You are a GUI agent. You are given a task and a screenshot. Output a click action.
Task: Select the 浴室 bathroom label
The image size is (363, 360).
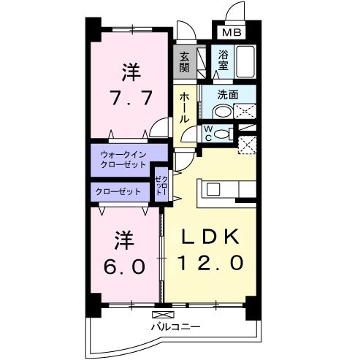(x=223, y=59)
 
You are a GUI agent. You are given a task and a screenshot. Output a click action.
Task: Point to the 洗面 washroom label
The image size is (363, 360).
(x=229, y=94)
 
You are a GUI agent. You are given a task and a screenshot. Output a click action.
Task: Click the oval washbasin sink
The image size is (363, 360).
(x=220, y=110)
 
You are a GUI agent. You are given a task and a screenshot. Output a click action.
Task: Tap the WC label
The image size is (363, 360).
(x=207, y=132)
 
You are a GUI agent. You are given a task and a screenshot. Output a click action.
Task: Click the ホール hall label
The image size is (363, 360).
(x=184, y=107)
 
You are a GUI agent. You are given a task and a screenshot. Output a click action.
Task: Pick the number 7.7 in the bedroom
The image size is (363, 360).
(x=131, y=98)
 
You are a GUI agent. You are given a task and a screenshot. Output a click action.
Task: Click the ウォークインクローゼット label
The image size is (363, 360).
(x=122, y=159)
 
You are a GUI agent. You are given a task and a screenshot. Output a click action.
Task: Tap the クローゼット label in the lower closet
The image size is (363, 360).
(x=117, y=191)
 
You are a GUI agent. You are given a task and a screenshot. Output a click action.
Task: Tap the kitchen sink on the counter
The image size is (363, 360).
(x=214, y=189)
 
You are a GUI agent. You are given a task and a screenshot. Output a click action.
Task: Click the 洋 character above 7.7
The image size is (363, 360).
(x=131, y=72)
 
